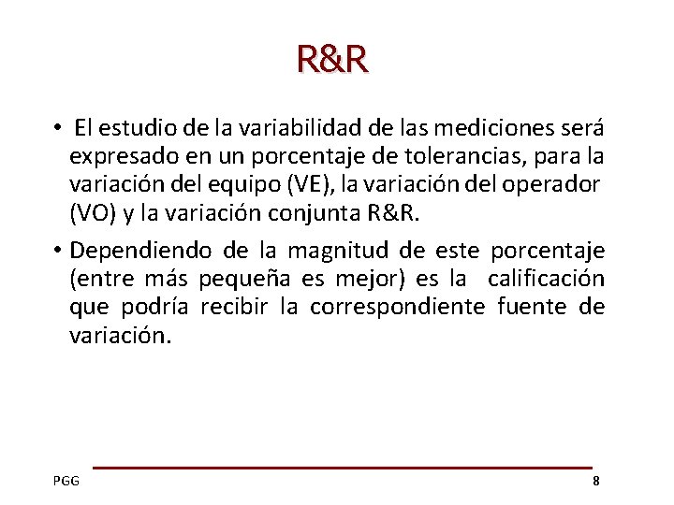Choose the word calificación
click(546, 279)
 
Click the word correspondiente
click(398, 307)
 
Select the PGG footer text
click(66, 481)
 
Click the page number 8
click(595, 481)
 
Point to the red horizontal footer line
click(342, 467)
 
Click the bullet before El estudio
click(58, 127)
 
